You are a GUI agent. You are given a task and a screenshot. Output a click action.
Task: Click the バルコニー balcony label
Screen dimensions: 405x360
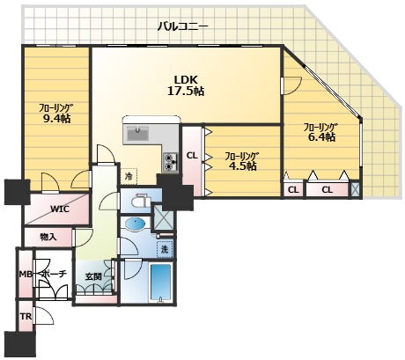[x=183, y=26]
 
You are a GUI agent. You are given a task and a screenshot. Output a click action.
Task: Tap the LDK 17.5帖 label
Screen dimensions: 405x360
[x=186, y=85]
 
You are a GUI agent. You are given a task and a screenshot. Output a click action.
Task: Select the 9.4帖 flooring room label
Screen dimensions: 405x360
[x=55, y=113]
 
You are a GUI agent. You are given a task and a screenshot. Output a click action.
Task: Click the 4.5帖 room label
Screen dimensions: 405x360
[x=242, y=161]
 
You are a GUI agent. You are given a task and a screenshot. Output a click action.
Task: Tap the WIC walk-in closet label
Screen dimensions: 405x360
[x=60, y=209]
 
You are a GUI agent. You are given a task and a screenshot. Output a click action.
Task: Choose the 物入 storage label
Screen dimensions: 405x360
[x=48, y=237]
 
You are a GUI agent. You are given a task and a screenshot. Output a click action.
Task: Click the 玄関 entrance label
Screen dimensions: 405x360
[x=93, y=276]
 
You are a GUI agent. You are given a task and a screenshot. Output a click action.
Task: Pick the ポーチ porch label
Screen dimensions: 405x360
[x=55, y=275]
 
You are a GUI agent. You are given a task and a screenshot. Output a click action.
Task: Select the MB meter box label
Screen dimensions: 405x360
[x=26, y=275]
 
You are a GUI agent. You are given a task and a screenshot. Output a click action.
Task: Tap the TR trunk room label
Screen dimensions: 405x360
[x=26, y=317]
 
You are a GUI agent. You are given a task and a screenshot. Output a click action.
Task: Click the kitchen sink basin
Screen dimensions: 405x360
[x=138, y=134]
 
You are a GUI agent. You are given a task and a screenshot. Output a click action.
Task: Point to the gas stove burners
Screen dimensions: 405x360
[x=171, y=163]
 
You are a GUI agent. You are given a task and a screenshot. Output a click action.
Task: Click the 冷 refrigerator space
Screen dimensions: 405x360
[x=129, y=176]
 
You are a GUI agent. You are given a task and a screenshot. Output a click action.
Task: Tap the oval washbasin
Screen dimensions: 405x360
[x=135, y=224]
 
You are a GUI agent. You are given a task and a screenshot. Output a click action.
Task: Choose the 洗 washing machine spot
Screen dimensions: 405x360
[x=165, y=249]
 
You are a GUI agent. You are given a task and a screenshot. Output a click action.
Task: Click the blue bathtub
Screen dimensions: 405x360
[x=160, y=282]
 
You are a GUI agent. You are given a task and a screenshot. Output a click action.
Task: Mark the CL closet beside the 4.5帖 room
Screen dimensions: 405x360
[x=192, y=161]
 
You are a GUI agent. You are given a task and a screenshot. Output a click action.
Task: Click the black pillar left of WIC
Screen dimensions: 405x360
[x=17, y=192]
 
